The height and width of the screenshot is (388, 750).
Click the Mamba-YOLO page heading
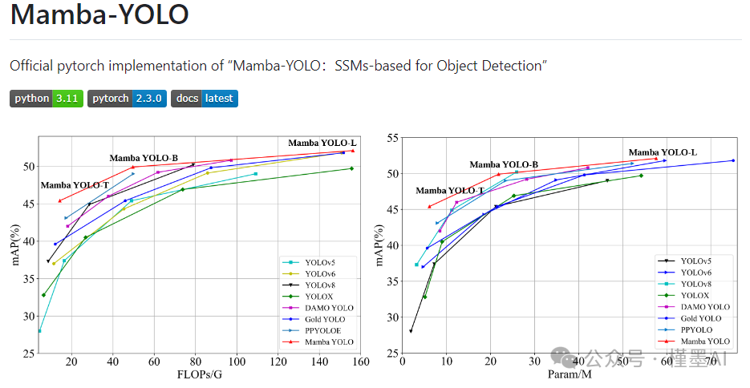(99, 14)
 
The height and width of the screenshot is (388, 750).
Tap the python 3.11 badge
(47, 99)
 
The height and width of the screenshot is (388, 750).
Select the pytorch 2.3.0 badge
(127, 99)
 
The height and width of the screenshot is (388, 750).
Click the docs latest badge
(205, 99)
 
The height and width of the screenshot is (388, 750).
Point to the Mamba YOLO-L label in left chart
(322, 143)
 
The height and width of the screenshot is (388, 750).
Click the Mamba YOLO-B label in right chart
(504, 164)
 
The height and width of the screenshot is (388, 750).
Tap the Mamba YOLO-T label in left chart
(75, 185)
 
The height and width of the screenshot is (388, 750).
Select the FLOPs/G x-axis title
(200, 374)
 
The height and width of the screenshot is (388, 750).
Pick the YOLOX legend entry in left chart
(318, 297)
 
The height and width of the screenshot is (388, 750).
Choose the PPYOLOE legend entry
(322, 330)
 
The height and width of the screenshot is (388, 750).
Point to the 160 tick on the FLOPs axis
(361, 362)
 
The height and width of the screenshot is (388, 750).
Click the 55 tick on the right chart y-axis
(393, 139)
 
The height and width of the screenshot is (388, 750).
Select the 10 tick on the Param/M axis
(446, 362)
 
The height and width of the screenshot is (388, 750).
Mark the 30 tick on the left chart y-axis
(28, 317)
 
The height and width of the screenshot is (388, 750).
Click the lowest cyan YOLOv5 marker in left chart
(39, 330)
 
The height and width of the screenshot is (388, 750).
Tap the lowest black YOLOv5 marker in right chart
(411, 331)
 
